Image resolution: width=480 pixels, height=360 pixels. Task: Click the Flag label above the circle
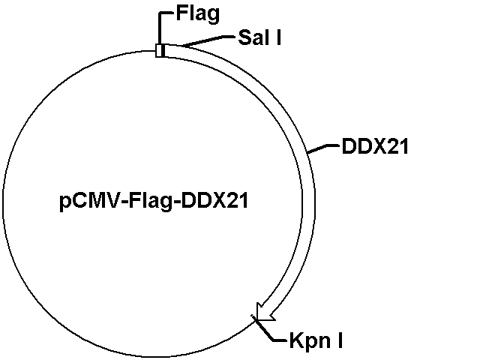coord(198,14)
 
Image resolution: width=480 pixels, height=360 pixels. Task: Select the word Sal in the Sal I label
coord(253,37)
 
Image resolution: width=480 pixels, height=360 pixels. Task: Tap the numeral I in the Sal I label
coord(278,37)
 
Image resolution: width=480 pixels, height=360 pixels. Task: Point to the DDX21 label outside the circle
coord(375,146)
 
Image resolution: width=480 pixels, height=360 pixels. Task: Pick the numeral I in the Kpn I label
coord(340,340)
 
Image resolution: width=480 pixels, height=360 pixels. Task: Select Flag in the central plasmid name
coord(150,202)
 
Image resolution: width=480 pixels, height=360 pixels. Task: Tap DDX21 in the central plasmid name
coord(214,201)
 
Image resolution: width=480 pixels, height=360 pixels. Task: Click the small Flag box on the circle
coord(160,50)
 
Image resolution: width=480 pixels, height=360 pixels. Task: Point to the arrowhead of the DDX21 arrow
coord(265,313)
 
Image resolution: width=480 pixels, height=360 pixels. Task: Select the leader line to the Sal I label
coord(208,40)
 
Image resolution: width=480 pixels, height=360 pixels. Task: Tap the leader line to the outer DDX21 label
coord(323,148)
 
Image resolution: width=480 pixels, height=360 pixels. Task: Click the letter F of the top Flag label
coord(181,13)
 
